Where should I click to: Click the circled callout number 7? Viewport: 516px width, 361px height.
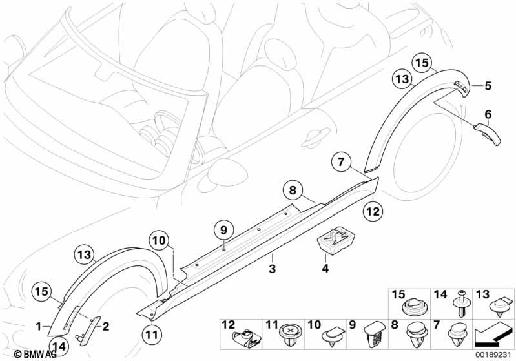341,161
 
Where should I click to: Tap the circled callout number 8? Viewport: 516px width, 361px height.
293,190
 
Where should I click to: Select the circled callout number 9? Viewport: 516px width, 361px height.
224,230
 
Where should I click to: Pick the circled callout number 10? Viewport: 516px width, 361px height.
159,240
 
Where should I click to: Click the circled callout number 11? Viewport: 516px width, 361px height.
152,335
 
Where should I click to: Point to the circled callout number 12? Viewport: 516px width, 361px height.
373,211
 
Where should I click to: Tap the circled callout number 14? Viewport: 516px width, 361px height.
59,347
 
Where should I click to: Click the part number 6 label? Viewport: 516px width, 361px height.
488,114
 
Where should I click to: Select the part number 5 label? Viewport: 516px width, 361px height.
488,87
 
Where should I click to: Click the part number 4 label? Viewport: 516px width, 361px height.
325,269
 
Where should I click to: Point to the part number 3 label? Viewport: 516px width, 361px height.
272,269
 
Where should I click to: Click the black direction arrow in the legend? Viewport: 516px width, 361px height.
493,336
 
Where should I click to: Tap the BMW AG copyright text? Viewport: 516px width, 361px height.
36,354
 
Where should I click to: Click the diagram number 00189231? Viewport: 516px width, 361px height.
493,355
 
